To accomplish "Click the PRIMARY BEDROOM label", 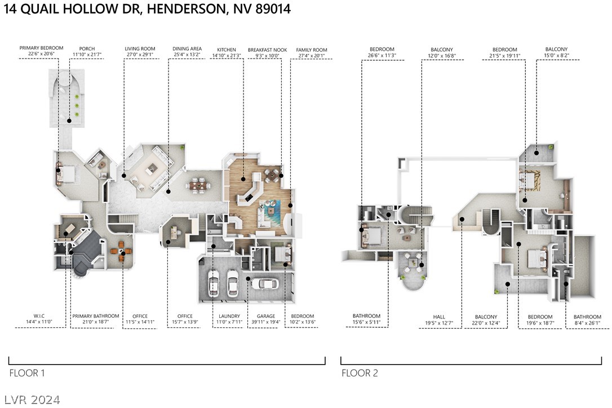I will tap(41, 48).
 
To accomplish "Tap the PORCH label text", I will tap(87, 48).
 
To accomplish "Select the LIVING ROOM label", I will tap(140, 49).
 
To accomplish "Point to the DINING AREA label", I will tap(187, 49).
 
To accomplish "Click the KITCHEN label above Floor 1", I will tap(227, 50).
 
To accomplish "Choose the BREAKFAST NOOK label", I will tap(267, 50).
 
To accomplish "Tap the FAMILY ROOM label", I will tap(312, 50).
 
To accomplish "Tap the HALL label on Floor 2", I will tap(439, 317).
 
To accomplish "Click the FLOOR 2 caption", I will tap(360, 373).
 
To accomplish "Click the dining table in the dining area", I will tap(198, 184).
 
